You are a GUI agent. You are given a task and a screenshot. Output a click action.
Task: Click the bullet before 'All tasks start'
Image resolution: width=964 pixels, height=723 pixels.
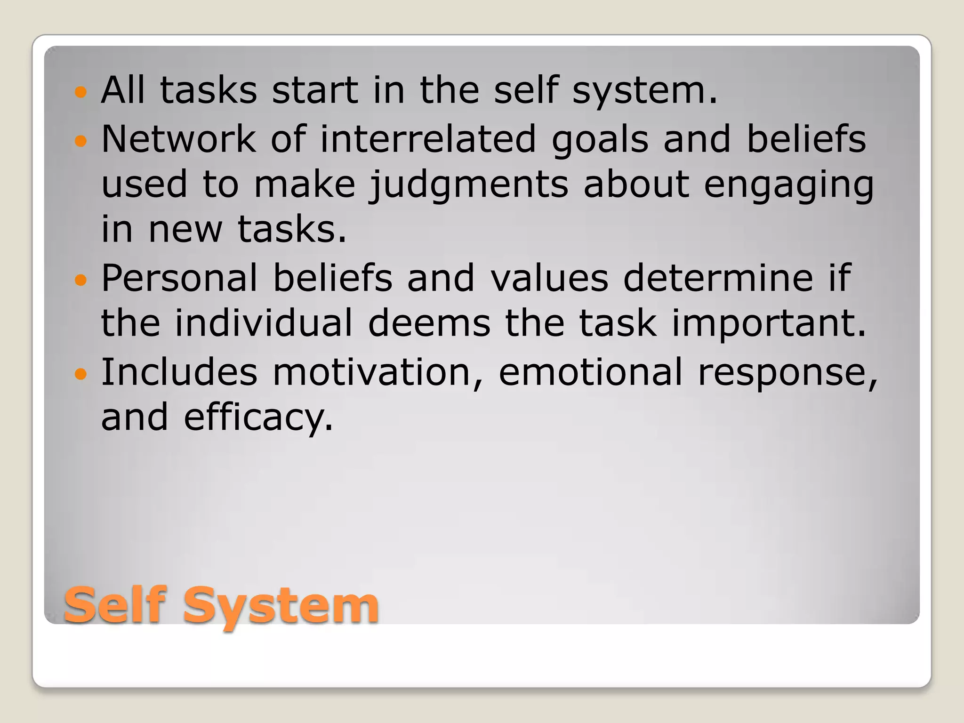point(81,91)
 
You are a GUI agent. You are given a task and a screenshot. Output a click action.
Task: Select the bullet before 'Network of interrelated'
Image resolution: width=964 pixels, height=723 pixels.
point(81,140)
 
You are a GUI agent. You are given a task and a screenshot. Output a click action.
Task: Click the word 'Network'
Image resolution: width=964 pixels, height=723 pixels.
point(178,139)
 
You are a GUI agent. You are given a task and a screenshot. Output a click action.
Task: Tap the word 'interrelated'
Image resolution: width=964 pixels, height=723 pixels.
point(428,139)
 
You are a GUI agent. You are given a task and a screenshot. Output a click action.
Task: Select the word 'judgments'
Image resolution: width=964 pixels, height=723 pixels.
point(468,185)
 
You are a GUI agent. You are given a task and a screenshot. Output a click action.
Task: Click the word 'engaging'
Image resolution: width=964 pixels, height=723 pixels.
point(789,185)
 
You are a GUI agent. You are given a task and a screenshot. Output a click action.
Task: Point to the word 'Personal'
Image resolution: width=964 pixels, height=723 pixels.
point(179,278)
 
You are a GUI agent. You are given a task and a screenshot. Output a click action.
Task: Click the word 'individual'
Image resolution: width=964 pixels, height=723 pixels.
point(264,323)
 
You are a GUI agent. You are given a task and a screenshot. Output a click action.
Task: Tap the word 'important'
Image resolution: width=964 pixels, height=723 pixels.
point(769,323)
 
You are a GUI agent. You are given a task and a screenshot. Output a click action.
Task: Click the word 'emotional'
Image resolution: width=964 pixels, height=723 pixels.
point(590,372)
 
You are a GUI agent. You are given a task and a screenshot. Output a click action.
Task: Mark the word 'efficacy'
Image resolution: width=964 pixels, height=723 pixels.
point(258,418)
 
